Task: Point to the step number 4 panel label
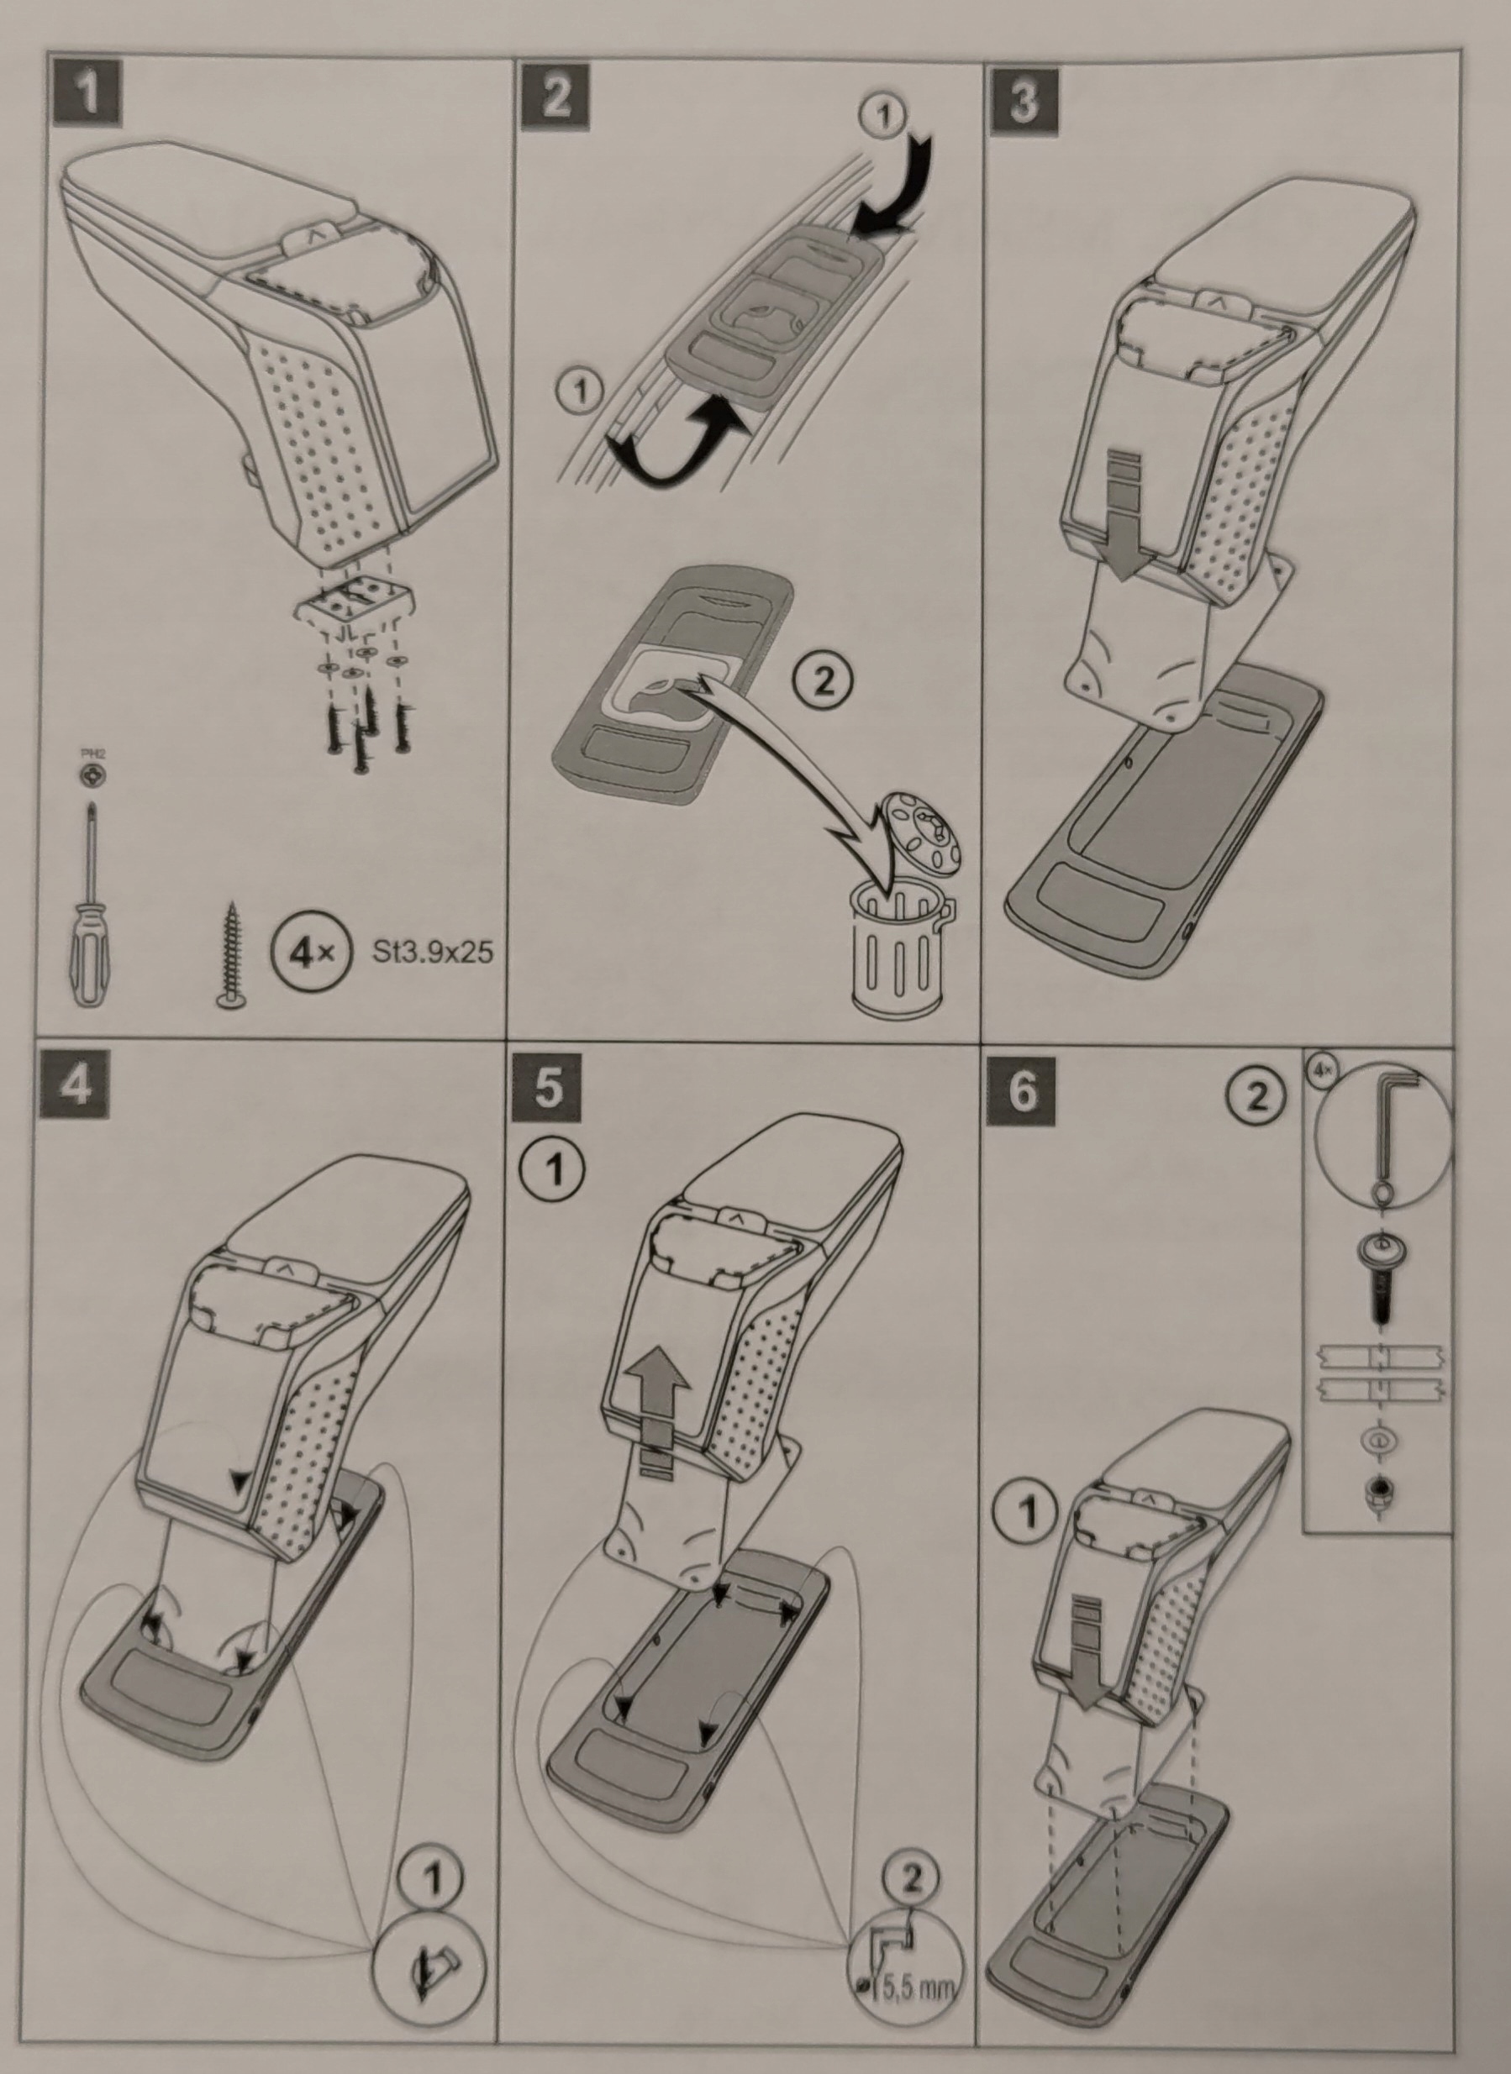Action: (x=75, y=1086)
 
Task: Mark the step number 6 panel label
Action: (x=1022, y=1092)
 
